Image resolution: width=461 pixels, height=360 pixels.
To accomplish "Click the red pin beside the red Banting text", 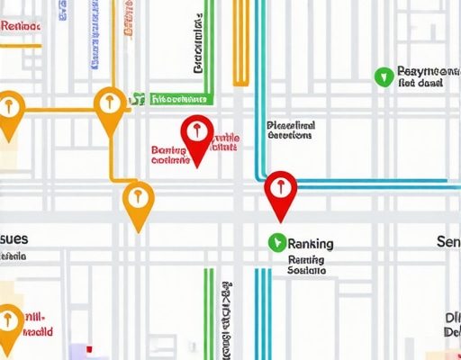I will click(x=195, y=135).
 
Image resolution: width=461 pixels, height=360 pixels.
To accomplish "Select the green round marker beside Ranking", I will click(x=276, y=241).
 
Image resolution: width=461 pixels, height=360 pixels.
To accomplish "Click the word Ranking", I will click(x=311, y=243).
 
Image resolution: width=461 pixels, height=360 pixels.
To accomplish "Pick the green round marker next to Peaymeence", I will click(x=383, y=75).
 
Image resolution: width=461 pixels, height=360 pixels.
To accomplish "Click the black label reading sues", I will click(x=15, y=238).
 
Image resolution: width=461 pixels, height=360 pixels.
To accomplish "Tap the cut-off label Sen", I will click(x=447, y=242).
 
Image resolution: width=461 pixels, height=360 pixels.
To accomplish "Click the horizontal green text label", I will click(x=180, y=98).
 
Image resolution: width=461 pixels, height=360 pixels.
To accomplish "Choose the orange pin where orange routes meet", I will click(x=109, y=106).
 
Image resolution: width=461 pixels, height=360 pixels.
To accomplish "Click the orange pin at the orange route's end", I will click(x=137, y=200).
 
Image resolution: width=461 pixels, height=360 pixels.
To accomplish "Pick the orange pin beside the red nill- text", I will click(x=9, y=323).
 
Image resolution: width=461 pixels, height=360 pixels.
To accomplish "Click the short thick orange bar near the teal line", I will click(x=240, y=45).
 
